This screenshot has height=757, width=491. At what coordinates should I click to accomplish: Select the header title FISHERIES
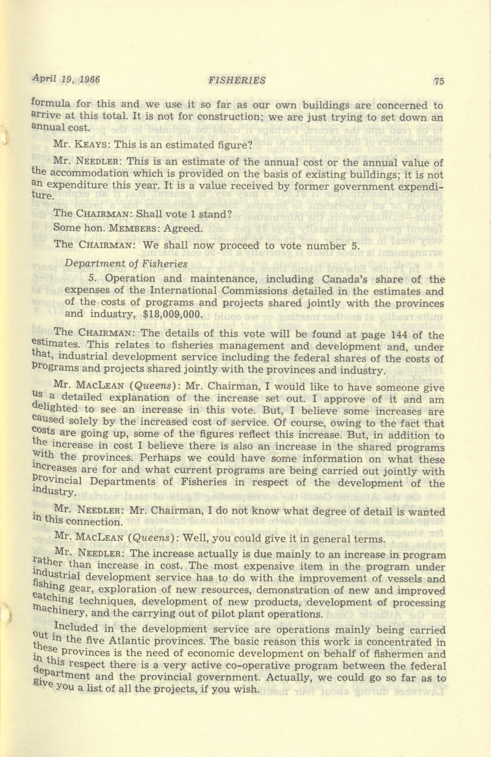click(x=236, y=80)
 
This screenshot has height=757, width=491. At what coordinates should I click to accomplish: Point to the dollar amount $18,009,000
click(x=172, y=314)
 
